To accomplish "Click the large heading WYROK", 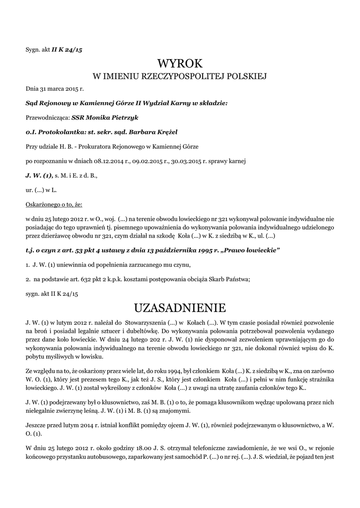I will coord(180,63).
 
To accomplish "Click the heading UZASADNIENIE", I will coord(180,308).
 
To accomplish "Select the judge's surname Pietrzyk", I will coord(121,118).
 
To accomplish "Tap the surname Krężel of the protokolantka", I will coord(164,132).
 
